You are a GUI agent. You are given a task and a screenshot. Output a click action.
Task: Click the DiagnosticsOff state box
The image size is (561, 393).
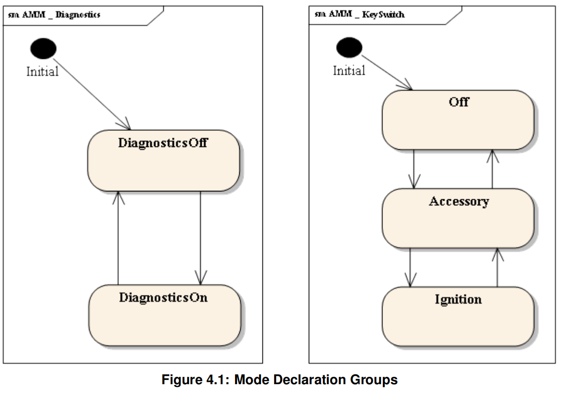pyautogui.click(x=164, y=160)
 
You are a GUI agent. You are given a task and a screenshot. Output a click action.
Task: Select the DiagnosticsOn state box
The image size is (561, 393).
pyautogui.click(x=164, y=315)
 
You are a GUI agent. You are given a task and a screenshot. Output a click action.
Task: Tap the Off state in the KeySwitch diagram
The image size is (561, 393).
pyautogui.click(x=458, y=120)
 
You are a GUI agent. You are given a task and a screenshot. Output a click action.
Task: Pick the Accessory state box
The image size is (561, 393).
pyautogui.click(x=458, y=218)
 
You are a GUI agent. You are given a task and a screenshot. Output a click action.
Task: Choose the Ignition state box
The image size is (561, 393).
pyautogui.click(x=458, y=316)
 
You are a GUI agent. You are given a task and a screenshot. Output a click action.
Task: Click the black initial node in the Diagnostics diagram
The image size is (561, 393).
pyautogui.click(x=43, y=49)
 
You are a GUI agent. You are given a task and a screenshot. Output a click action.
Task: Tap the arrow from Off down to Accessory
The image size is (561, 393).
pyautogui.click(x=414, y=169)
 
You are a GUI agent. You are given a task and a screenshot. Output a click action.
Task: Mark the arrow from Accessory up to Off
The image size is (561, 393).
pyautogui.click(x=493, y=169)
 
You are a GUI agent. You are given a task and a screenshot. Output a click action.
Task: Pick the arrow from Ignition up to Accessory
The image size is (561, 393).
pyautogui.click(x=497, y=267)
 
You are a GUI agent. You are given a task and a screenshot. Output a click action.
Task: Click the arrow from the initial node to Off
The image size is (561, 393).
pyautogui.click(x=387, y=72)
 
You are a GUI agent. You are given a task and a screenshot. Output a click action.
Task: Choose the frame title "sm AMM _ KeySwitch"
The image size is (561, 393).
pyautogui.click(x=359, y=14)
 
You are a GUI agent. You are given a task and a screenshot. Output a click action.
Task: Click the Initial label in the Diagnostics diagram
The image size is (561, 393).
pyautogui.click(x=42, y=71)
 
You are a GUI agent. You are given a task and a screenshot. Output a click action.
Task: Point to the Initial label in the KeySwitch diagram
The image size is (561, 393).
pyautogui.click(x=349, y=70)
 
